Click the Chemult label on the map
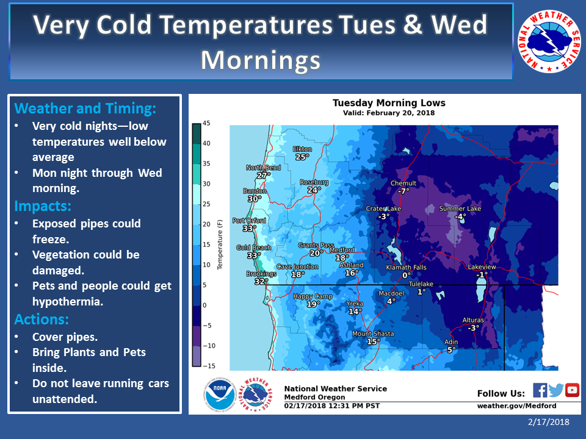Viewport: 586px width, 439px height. pyautogui.click(x=403, y=184)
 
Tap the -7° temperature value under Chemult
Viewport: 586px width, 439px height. pyautogui.click(x=403, y=191)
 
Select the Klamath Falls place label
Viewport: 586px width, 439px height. pyautogui.click(x=406, y=267)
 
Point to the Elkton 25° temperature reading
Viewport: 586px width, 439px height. pyautogui.click(x=302, y=157)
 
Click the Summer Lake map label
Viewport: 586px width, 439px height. pyautogui.click(x=460, y=209)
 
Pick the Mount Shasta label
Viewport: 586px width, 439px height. pyautogui.click(x=373, y=334)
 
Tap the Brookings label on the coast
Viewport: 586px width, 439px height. pyautogui.click(x=261, y=274)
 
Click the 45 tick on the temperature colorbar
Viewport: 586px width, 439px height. pyautogui.click(x=206, y=123)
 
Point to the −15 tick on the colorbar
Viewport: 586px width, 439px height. pyautogui.click(x=209, y=366)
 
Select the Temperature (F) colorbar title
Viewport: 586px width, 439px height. pyautogui.click(x=220, y=244)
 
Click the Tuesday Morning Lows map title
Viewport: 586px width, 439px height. pyautogui.click(x=389, y=103)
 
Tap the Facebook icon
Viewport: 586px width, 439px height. pyautogui.click(x=540, y=390)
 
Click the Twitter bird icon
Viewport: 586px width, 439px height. pyautogui.click(x=556, y=390)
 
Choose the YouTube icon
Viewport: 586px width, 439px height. pyautogui.click(x=572, y=390)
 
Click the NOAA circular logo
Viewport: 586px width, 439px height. pyautogui.click(x=220, y=394)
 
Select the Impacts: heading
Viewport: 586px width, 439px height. pyautogui.click(x=43, y=206)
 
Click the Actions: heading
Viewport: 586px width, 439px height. pyautogui.click(x=42, y=319)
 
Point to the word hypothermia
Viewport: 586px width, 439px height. pyautogui.click(x=67, y=302)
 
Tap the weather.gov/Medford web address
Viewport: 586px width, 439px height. pyautogui.click(x=516, y=406)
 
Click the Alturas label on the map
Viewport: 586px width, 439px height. pyautogui.click(x=473, y=320)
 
